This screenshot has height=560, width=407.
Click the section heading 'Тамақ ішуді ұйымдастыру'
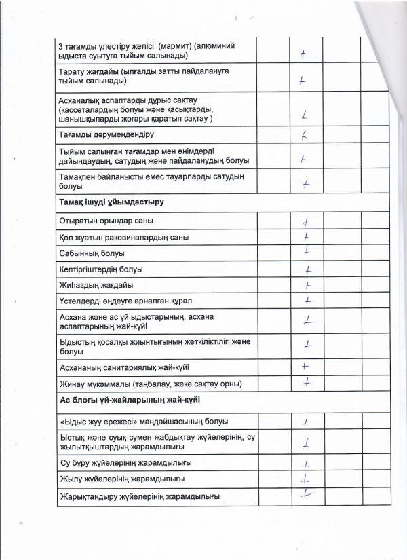113,202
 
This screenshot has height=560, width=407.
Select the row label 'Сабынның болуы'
92,254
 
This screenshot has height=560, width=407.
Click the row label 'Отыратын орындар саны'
106,221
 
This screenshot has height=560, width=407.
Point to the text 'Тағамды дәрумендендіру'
107,135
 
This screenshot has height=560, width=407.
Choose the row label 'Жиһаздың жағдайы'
96,284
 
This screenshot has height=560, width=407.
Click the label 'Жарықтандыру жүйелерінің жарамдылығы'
139,496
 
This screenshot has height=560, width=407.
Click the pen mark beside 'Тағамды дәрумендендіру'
305,134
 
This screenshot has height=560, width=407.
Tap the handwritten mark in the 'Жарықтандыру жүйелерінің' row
307,495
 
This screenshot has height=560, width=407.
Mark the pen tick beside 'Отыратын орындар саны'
307,221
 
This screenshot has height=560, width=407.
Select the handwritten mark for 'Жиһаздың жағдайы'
307,284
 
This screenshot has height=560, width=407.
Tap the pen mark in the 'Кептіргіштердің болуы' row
307,269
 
